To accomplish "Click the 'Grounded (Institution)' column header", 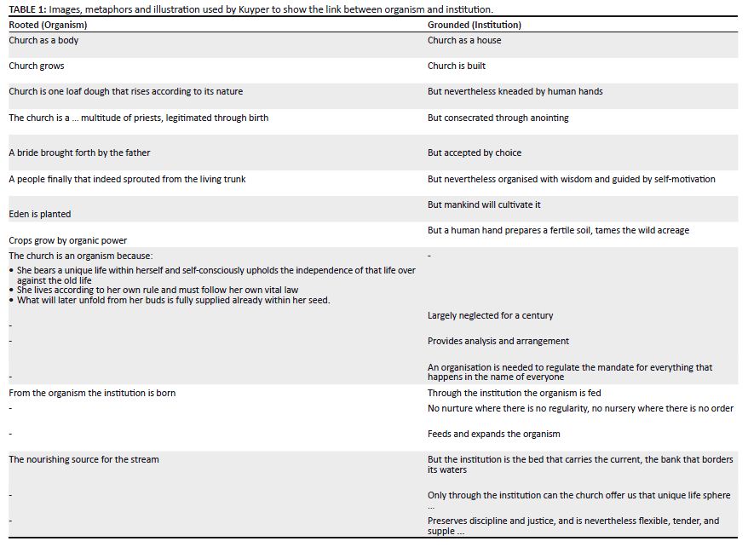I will [x=474, y=25].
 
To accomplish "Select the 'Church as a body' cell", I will [x=43, y=40].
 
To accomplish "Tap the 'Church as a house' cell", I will [x=464, y=40].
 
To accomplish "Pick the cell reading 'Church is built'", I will [x=457, y=66].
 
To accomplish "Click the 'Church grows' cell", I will [x=37, y=66].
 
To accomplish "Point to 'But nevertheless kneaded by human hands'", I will [x=515, y=91].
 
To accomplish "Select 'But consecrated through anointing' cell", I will [x=498, y=118].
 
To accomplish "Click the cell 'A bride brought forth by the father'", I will [x=79, y=153].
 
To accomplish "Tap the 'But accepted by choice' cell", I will [x=474, y=153].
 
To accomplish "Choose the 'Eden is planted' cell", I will [x=40, y=214].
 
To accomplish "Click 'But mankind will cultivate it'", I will [x=484, y=204].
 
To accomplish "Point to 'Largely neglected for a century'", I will [x=490, y=315].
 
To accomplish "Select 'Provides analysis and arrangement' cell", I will [x=498, y=341].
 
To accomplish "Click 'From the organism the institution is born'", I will [x=92, y=393].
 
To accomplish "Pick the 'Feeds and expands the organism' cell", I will [x=493, y=434].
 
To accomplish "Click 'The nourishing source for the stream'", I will [x=83, y=459].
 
